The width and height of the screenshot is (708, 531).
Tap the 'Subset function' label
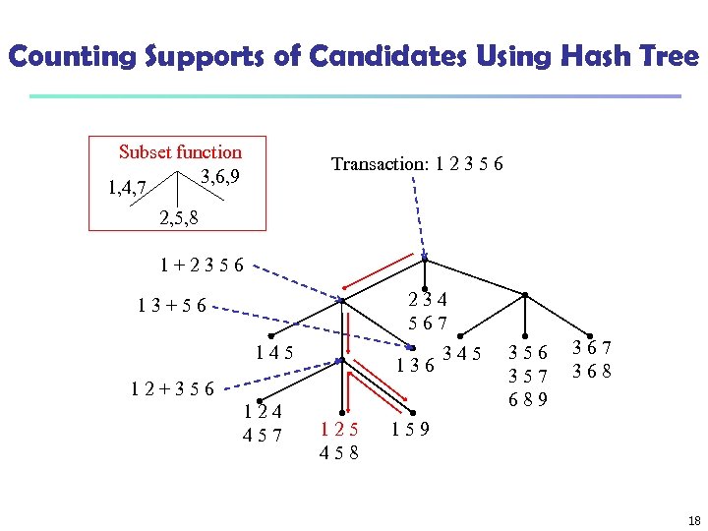180,151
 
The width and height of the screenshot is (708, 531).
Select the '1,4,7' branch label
128,187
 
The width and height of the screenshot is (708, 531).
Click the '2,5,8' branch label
179,217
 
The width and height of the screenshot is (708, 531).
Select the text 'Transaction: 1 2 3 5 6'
418,164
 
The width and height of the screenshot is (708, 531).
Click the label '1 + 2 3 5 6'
203,265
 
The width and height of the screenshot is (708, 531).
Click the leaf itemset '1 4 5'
273,352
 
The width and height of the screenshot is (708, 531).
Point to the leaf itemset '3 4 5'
462,352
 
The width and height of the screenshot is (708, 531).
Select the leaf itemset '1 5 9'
410,429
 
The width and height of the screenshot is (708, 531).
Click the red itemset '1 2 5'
339,429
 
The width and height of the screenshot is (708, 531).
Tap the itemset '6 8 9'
529,399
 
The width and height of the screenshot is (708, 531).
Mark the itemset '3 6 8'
593,372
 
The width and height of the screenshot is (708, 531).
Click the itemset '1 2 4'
263,411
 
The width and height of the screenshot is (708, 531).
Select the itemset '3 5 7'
529,375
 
